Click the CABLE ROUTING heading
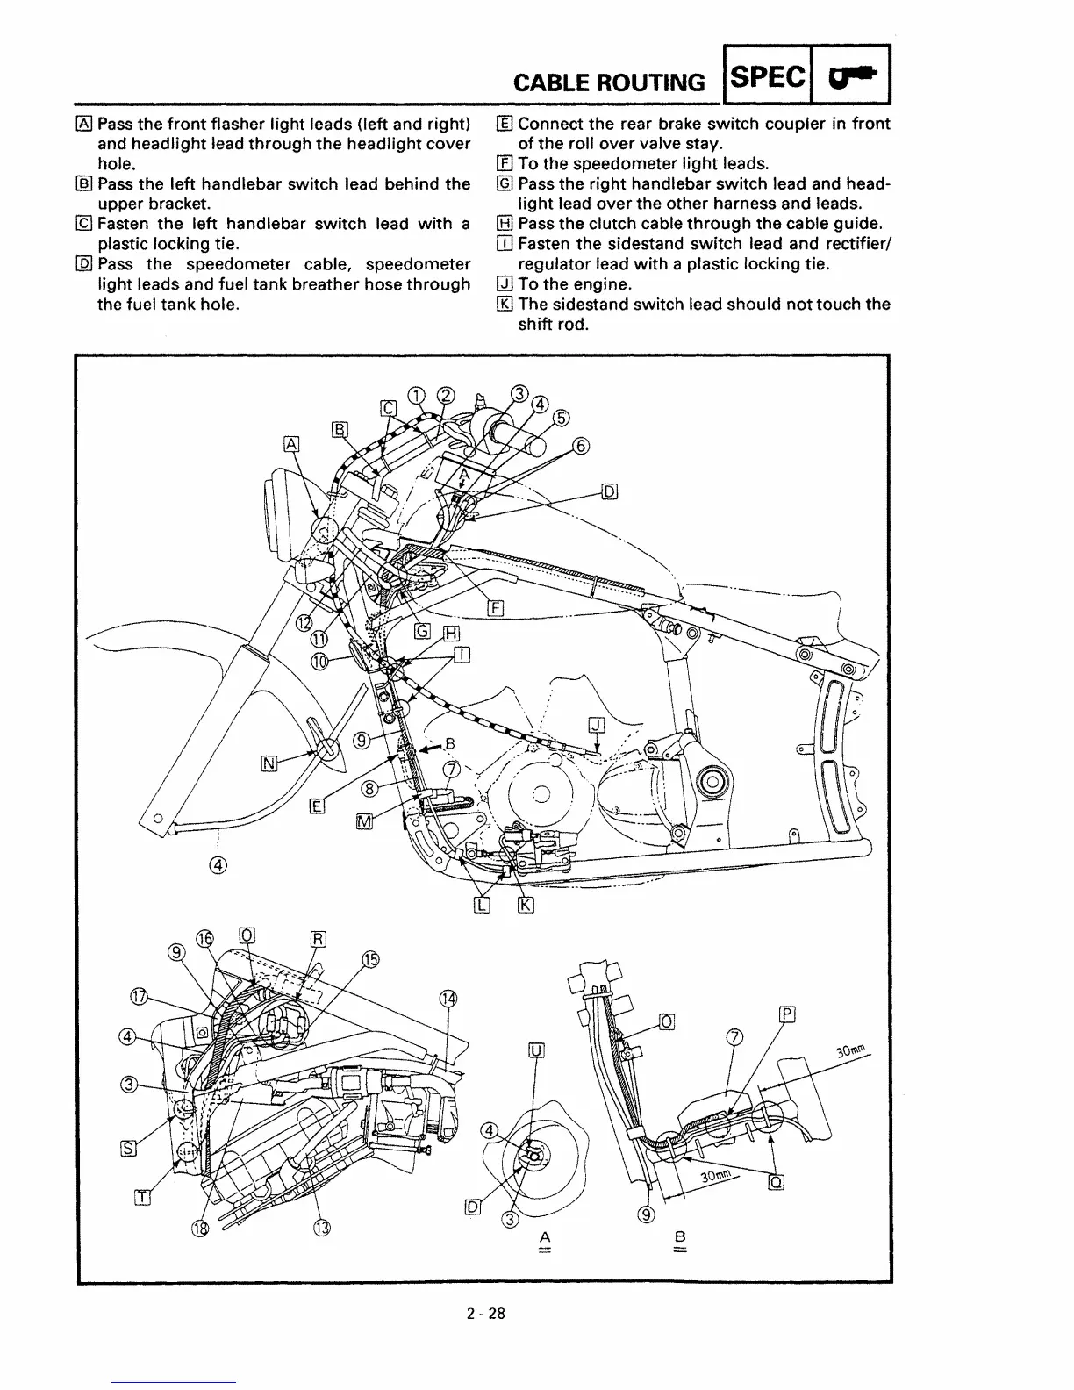[608, 82]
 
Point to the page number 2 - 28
[486, 1315]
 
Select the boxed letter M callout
[365, 820]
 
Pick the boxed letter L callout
[481, 906]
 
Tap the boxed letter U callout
[536, 1051]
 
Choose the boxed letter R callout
[319, 939]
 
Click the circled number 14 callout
[447, 999]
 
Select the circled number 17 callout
[139, 996]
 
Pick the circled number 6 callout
[580, 446]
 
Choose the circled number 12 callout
[304, 622]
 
